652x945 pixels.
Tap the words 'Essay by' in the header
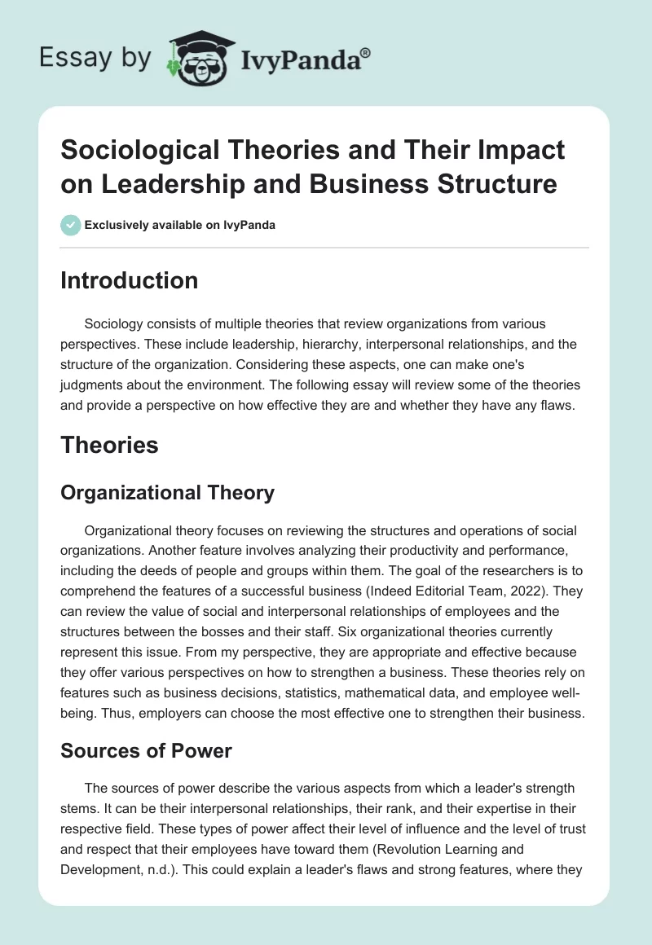pyautogui.click(x=96, y=58)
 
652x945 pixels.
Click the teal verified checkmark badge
pyautogui.click(x=70, y=225)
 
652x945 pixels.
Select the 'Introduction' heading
pyautogui.click(x=130, y=280)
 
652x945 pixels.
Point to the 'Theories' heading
pyautogui.click(x=109, y=445)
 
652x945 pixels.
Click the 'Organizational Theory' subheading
pyautogui.click(x=167, y=492)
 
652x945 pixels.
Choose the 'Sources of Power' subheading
pyautogui.click(x=146, y=750)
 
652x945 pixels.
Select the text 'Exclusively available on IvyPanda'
pyautogui.click(x=178, y=226)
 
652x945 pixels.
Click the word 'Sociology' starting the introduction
pyautogui.click(x=117, y=324)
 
